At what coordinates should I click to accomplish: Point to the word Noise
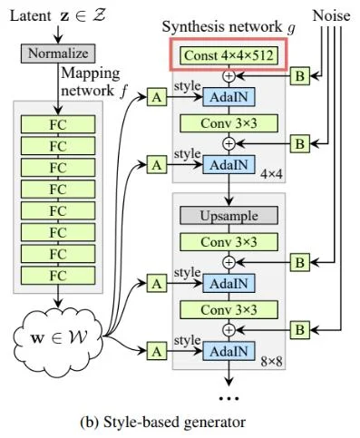click(332, 15)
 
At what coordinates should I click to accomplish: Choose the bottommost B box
click(299, 328)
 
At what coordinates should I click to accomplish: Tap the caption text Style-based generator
click(180, 423)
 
